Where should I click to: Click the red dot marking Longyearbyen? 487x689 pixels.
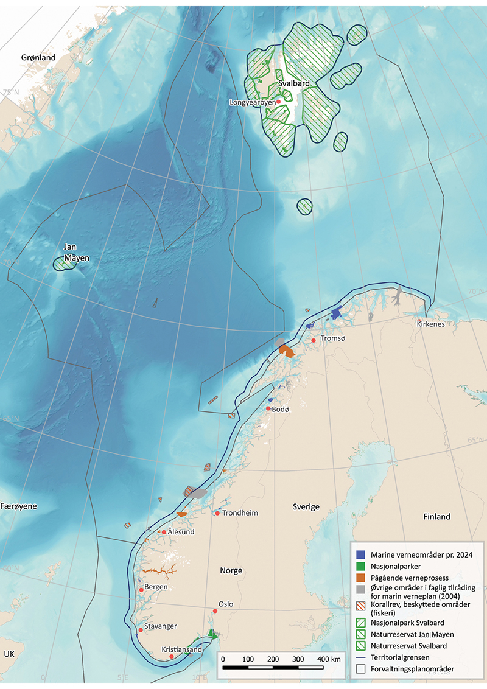(x=279, y=102)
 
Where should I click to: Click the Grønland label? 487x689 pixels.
(x=38, y=58)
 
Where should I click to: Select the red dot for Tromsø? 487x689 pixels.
(x=313, y=340)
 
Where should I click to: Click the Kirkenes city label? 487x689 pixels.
(x=430, y=324)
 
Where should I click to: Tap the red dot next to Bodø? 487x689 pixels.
(x=268, y=408)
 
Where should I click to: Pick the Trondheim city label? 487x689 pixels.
(x=240, y=513)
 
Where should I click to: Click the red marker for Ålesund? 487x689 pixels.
(x=164, y=532)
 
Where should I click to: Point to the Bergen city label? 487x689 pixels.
(x=156, y=587)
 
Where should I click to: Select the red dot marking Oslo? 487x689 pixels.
(x=214, y=610)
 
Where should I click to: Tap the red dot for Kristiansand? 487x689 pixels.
(x=172, y=656)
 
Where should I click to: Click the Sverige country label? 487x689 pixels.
(x=306, y=507)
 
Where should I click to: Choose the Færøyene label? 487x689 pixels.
(x=19, y=506)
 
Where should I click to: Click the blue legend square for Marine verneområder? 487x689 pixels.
(x=361, y=554)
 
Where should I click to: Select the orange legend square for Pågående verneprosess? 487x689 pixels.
(x=361, y=577)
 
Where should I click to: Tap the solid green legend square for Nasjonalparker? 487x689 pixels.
(x=361, y=566)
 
